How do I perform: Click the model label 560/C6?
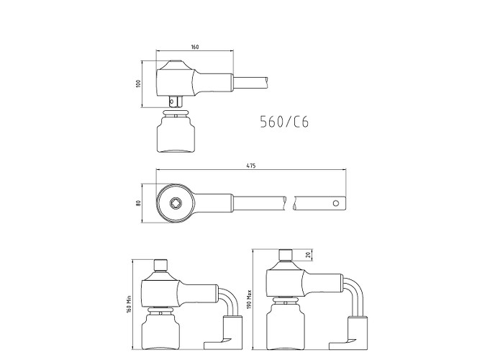coord(284,122)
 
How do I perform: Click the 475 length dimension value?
coord(251,166)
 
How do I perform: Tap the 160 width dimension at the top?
coord(195,47)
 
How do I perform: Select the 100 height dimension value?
coord(137,84)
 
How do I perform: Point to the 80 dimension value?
coord(137,203)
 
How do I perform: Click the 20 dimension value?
coord(309,254)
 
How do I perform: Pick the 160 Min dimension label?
coord(129,304)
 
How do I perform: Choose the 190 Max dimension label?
coord(249,299)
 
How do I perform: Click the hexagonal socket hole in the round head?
coord(175,203)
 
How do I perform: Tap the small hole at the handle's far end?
coord(336,203)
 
